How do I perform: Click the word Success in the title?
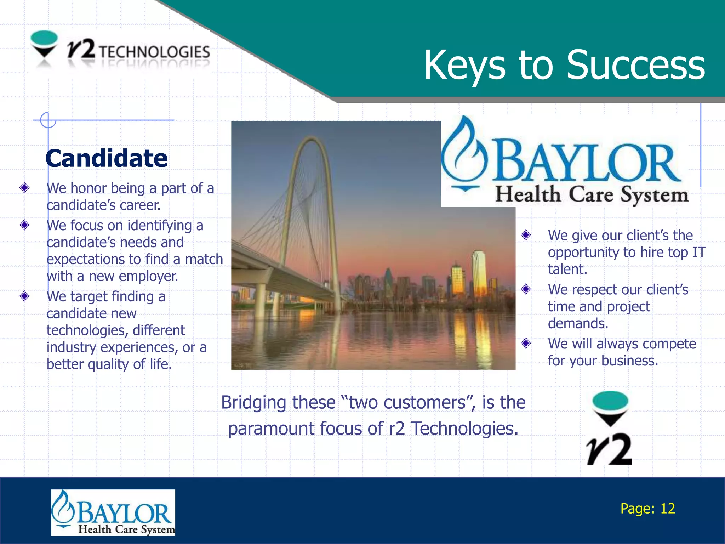635,65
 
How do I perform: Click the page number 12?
668,509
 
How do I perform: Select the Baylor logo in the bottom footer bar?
113,512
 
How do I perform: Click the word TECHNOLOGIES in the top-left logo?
154,52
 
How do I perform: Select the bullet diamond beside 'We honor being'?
24,187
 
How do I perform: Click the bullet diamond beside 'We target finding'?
24,296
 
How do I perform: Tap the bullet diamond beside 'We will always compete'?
526,343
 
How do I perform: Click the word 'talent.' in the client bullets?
567,269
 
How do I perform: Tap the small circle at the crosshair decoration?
48,120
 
